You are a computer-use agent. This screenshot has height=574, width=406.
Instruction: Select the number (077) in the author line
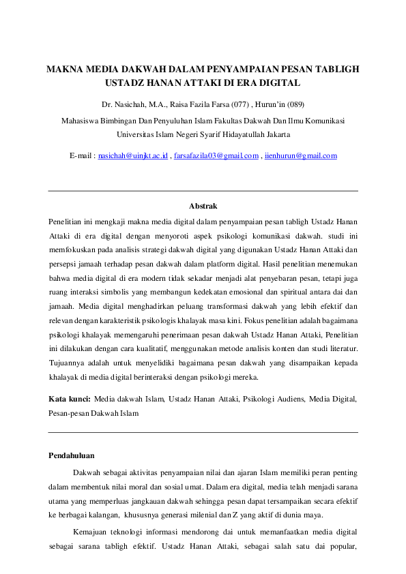239,104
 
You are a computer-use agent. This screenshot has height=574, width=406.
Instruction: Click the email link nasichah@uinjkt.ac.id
133,156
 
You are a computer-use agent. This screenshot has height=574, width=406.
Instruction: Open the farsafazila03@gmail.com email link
216,156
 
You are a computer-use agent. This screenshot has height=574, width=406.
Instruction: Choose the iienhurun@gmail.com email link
301,156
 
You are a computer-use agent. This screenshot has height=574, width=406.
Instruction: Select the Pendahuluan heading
72,455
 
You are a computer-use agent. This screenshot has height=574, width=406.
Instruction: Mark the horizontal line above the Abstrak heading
203,191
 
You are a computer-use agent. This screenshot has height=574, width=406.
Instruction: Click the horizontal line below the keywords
203,432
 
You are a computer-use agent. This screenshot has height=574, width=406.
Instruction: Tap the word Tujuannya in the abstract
67,363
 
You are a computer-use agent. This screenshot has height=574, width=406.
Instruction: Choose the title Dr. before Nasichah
106,104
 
